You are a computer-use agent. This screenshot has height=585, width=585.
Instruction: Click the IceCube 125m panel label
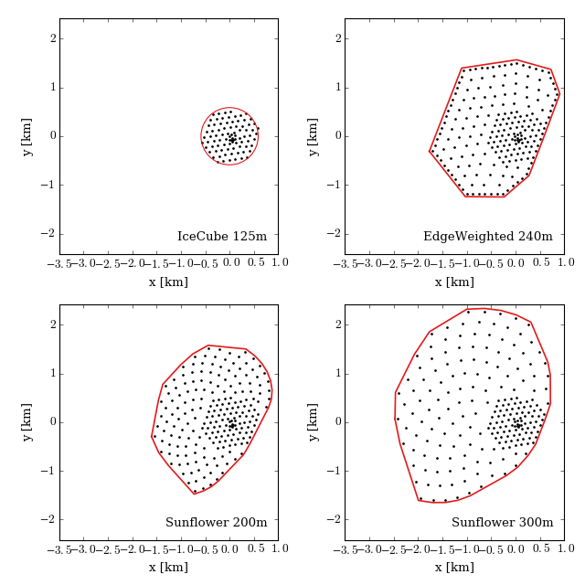pos(222,237)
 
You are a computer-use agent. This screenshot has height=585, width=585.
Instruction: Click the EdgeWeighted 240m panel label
pos(488,237)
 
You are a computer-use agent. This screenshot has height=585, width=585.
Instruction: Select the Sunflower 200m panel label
pos(217,523)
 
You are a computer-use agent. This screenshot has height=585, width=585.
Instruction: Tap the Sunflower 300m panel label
pos(502,523)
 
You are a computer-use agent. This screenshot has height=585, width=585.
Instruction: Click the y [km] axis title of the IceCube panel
pos(27,136)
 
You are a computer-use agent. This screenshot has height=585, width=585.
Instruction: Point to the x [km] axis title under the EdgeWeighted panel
pos(454,282)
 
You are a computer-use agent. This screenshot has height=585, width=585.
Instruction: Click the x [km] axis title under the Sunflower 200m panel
pos(168,568)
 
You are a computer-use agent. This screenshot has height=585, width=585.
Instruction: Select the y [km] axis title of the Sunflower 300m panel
pos(313,422)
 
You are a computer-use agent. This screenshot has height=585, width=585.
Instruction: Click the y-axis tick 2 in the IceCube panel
pos(54,38)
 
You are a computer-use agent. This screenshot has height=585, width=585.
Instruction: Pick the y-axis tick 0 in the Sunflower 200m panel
pos(54,422)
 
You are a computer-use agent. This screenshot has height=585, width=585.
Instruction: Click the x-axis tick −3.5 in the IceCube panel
pos(60,263)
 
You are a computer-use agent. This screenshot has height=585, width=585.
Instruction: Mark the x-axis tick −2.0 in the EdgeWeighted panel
pos(416,263)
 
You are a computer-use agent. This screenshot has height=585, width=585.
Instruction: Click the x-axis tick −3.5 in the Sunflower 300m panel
pos(346,549)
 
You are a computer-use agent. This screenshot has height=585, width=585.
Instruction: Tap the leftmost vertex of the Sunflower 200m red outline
pos(152,436)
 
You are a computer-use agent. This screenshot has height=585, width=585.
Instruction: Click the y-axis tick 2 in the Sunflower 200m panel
pos(54,324)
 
